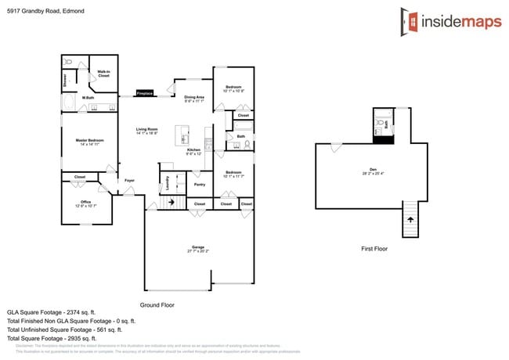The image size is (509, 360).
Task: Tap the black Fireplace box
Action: click(144, 92)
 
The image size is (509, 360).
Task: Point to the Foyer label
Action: click(129, 181)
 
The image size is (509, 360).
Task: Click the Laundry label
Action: click(167, 183)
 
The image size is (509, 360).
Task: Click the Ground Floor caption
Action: click(157, 304)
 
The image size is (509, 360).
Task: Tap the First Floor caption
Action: click(374, 248)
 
